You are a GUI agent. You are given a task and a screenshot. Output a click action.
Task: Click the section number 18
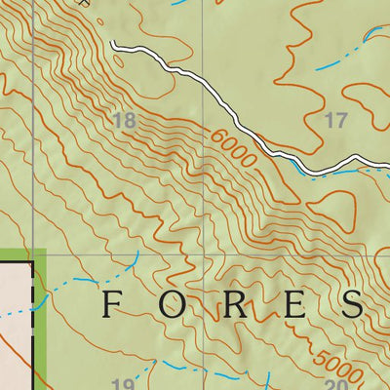pyautogui.click(x=124, y=121)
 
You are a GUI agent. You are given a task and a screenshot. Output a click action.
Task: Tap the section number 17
pyautogui.click(x=334, y=121)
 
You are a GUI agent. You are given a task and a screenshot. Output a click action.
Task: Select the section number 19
pyautogui.click(x=123, y=383)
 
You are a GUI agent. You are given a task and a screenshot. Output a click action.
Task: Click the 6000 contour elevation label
pyautogui.click(x=232, y=148)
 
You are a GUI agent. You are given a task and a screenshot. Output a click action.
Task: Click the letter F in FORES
pyautogui.click(x=112, y=304)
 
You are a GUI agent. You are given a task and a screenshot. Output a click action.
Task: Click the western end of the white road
pyautogui.click(x=113, y=44)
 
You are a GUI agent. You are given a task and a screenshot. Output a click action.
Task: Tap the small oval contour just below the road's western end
pyautogui.click(x=119, y=59)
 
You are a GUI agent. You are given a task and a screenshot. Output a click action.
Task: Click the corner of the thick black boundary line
pyautogui.click(x=33, y=260)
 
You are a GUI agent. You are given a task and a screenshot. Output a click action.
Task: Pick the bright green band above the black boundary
pyautogui.click(x=19, y=253)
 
